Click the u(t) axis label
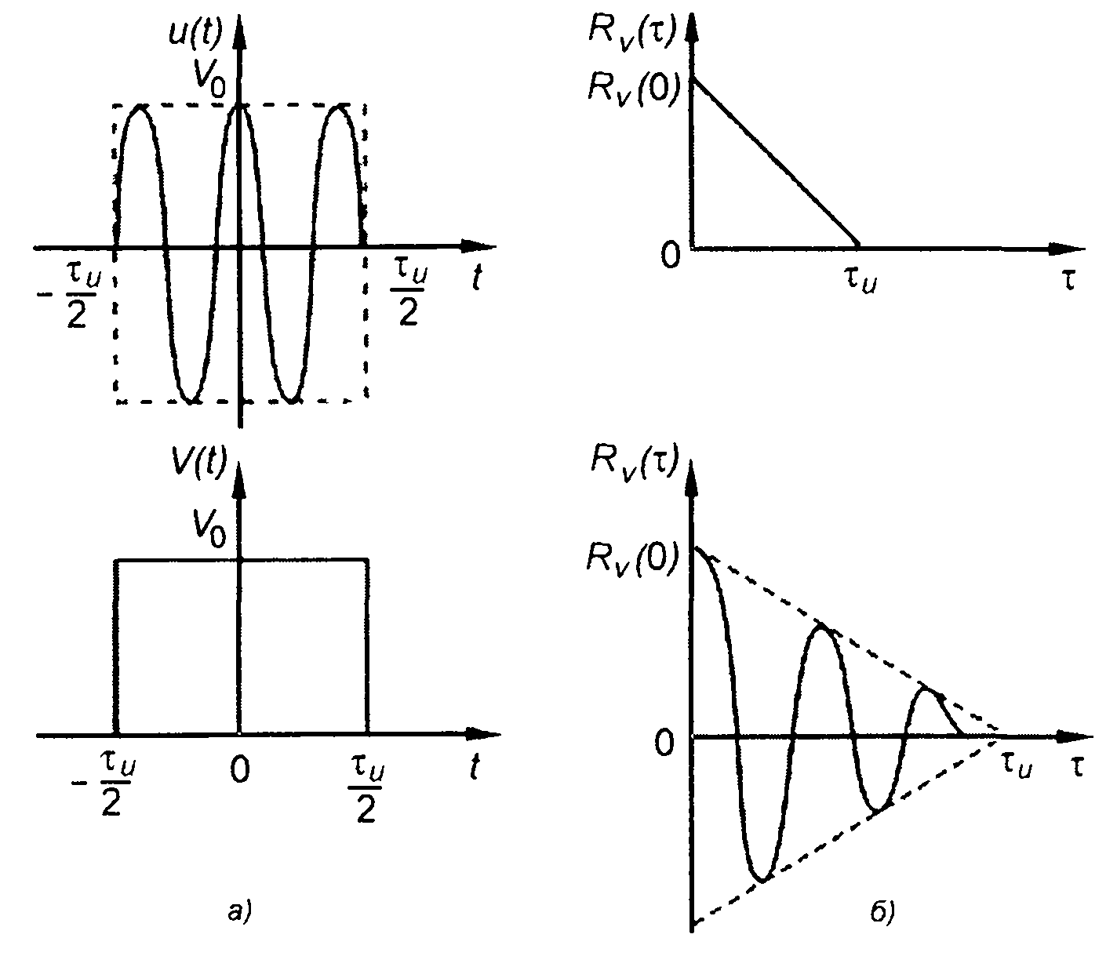click(x=196, y=34)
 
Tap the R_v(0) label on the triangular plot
click(x=628, y=85)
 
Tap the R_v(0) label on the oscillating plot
click(x=628, y=558)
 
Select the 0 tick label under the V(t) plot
click(x=240, y=772)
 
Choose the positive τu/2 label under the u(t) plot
click(x=406, y=291)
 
